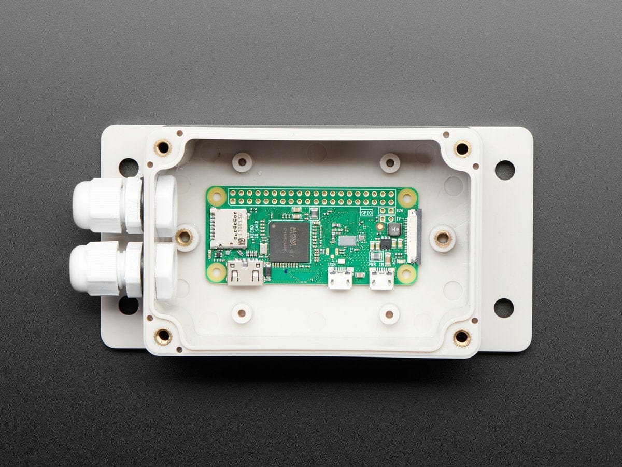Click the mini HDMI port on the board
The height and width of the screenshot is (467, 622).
pyautogui.click(x=245, y=273)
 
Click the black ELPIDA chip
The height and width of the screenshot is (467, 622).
pyautogui.click(x=289, y=241)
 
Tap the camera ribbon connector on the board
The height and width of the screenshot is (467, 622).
pyautogui.click(x=416, y=236)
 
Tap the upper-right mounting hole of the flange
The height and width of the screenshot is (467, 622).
pyautogui.click(x=504, y=170)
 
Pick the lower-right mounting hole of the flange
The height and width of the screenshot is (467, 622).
pyautogui.click(x=503, y=308)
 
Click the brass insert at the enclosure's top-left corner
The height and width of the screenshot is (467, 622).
pyautogui.click(x=163, y=147)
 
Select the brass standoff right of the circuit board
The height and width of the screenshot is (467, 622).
pyautogui.click(x=443, y=239)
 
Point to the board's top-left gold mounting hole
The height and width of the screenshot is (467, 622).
pyautogui.click(x=217, y=197)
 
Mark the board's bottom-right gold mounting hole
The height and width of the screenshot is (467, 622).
pyautogui.click(x=407, y=274)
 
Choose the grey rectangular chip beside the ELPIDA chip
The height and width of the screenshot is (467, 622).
pyautogui.click(x=347, y=241)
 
